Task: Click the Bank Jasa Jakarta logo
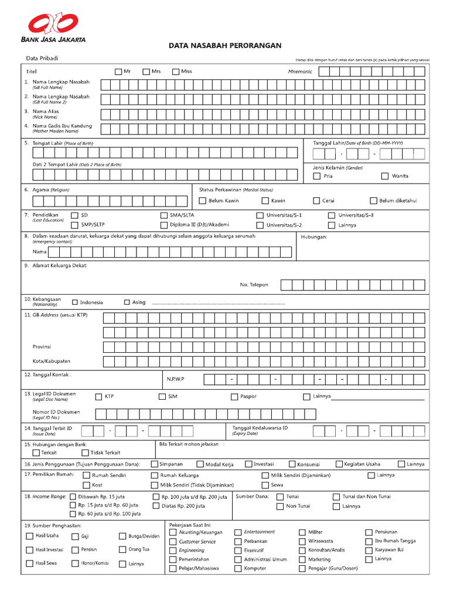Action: click(54, 27)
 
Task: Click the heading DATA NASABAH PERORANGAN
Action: click(225, 45)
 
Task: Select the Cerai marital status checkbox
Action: click(316, 201)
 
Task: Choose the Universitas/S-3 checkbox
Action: click(332, 215)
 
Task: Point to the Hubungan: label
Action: click(313, 237)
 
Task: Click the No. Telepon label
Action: click(254, 285)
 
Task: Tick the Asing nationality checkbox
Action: click(127, 302)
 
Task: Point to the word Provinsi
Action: click(42, 346)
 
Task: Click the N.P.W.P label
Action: click(175, 379)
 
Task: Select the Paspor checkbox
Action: click(234, 397)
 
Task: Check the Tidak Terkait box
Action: click(85, 453)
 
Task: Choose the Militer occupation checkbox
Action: click(302, 532)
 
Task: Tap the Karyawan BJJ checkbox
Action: click(369, 551)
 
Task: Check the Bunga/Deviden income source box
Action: click(122, 536)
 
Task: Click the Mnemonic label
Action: click(301, 72)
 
